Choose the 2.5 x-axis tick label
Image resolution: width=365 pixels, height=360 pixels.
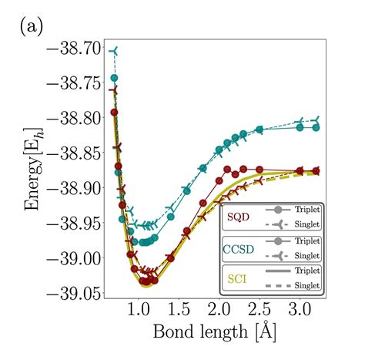[x=259, y=311]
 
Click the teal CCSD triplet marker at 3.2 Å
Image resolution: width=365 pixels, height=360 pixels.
[x=316, y=127]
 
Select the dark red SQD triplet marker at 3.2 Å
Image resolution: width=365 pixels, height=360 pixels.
[x=316, y=171]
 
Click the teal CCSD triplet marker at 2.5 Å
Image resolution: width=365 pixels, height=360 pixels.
[x=259, y=130]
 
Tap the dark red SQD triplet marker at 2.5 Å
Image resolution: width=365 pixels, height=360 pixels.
[x=259, y=169]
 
